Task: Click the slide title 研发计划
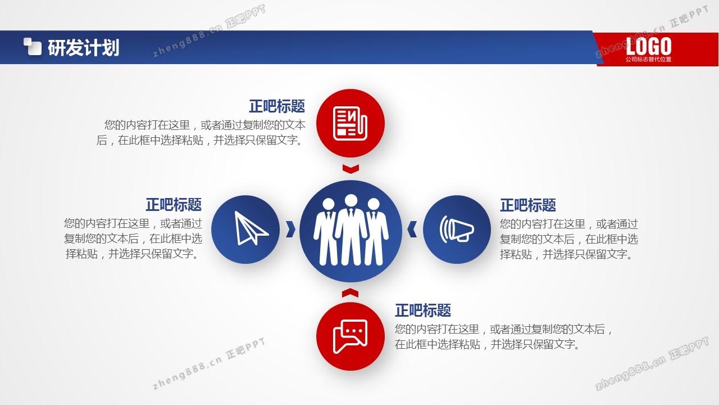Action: tap(84, 48)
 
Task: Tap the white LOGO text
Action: tap(648, 46)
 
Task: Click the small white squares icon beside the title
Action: tap(33, 47)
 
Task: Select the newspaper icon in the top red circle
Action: tap(350, 123)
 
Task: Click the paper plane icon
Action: tap(251, 228)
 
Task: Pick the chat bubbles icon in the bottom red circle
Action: tap(350, 336)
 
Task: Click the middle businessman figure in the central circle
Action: tap(351, 229)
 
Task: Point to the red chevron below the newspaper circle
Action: tap(351, 169)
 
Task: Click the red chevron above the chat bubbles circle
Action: tap(350, 292)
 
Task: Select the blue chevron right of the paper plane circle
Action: tap(290, 229)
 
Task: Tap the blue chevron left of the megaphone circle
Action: tap(412, 229)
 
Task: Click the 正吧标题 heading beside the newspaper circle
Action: tap(277, 106)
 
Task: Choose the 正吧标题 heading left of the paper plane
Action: tap(174, 204)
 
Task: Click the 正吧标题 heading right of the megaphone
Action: tap(528, 205)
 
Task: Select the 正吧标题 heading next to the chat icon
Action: tap(423, 310)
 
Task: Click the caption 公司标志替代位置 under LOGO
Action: tap(648, 59)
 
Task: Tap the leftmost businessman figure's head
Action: tap(329, 204)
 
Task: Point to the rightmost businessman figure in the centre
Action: tap(376, 231)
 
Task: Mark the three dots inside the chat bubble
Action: tap(354, 331)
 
